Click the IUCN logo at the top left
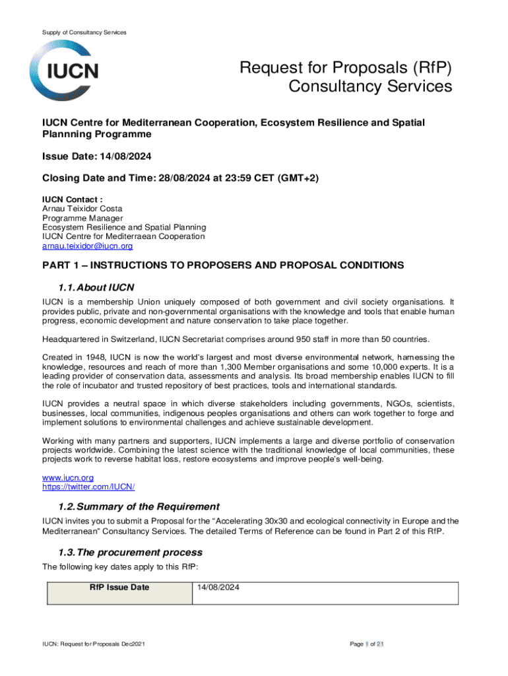[x=65, y=71]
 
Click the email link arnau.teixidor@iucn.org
[x=87, y=246]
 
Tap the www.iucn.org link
[x=68, y=477]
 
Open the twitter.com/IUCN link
[x=88, y=487]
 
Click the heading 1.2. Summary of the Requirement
[x=139, y=506]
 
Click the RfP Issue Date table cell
[x=119, y=588]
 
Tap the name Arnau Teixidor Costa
[x=82, y=209]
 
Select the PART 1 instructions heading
[x=223, y=265]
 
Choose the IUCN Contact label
[x=72, y=199]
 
